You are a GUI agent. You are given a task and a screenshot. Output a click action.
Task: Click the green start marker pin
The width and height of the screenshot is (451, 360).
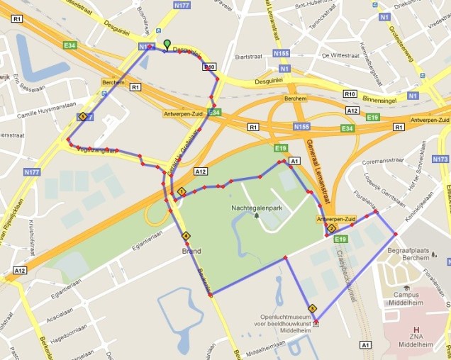pyautogui.click(x=167, y=45)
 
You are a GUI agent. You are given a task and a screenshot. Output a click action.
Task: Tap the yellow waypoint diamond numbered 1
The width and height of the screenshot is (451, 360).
pyautogui.click(x=182, y=192)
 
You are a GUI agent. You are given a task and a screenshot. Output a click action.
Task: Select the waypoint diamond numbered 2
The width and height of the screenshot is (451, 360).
pyautogui.click(x=330, y=228)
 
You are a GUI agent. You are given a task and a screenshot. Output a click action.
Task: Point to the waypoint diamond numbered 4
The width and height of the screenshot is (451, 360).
pyautogui.click(x=186, y=236)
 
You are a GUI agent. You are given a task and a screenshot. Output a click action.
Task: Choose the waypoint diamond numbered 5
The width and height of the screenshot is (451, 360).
pyautogui.click(x=83, y=116)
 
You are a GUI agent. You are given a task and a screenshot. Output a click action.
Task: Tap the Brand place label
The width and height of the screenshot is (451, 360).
pyautogui.click(x=191, y=252)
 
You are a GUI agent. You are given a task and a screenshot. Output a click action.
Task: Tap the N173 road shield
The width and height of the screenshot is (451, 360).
pyautogui.click(x=440, y=159)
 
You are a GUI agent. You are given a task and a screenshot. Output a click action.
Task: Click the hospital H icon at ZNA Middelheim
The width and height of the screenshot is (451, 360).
pyautogui.click(x=417, y=330)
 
